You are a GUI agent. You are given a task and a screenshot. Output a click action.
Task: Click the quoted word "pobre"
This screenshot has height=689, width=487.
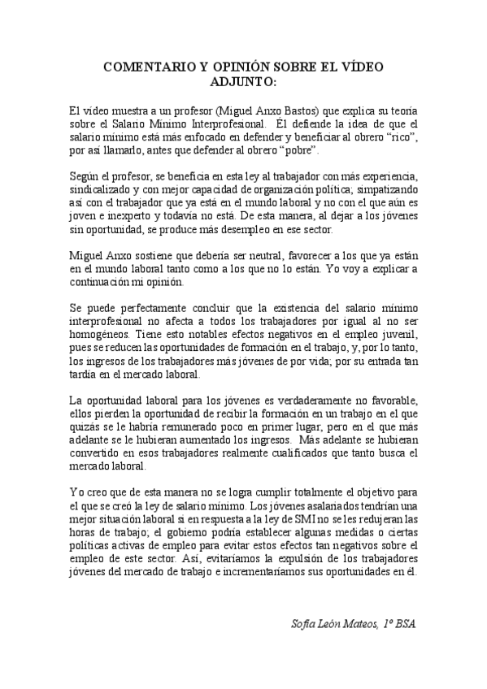point(297,151)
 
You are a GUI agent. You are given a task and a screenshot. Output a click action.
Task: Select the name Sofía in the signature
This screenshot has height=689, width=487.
point(305,624)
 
